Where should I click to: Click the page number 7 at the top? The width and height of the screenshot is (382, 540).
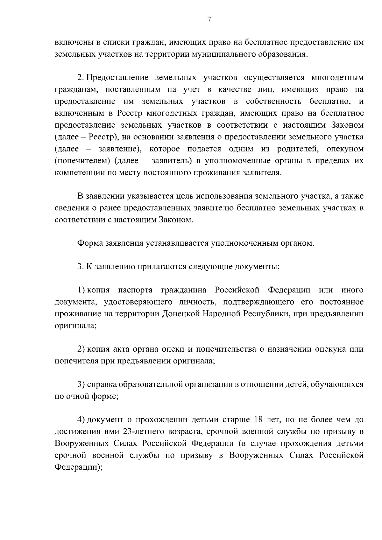click(x=209, y=20)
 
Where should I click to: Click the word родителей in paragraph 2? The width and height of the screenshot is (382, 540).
click(x=296, y=149)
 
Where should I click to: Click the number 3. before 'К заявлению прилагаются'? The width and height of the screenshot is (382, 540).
click(x=80, y=267)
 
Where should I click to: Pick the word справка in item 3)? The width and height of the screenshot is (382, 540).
click(x=102, y=384)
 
